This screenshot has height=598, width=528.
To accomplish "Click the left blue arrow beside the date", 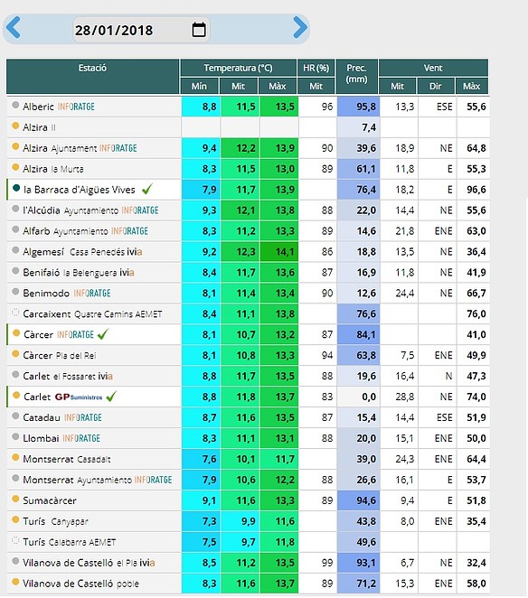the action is click(14, 27).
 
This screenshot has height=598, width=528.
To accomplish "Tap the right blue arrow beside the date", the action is click(300, 27).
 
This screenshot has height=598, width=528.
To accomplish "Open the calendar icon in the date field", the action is click(199, 30).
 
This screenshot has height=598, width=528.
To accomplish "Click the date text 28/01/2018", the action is click(114, 30).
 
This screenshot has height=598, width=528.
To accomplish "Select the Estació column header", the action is click(92, 68).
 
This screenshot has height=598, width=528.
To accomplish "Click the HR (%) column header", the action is click(316, 68).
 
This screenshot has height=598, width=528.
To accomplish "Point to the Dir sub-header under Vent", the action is click(435, 86).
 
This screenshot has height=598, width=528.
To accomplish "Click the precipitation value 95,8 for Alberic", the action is click(366, 107).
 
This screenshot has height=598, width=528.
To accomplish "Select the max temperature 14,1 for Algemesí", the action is click(285, 252).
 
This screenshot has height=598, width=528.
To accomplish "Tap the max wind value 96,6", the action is click(476, 190).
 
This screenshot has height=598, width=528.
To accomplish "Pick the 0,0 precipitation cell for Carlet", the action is click(369, 397).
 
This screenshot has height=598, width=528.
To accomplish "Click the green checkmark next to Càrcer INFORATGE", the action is click(103, 334).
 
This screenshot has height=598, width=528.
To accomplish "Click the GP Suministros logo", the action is click(79, 397).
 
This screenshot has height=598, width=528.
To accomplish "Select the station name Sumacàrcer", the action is click(50, 500).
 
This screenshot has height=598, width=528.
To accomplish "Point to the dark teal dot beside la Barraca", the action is click(16, 188).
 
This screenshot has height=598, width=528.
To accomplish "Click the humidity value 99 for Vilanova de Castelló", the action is click(327, 563).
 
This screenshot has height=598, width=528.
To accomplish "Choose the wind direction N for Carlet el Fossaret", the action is click(448, 376).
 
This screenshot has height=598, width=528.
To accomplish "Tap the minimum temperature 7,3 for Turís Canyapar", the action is click(209, 521).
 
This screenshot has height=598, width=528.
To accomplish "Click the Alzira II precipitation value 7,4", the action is click(369, 127).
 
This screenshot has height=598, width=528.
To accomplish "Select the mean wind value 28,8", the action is click(405, 397).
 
